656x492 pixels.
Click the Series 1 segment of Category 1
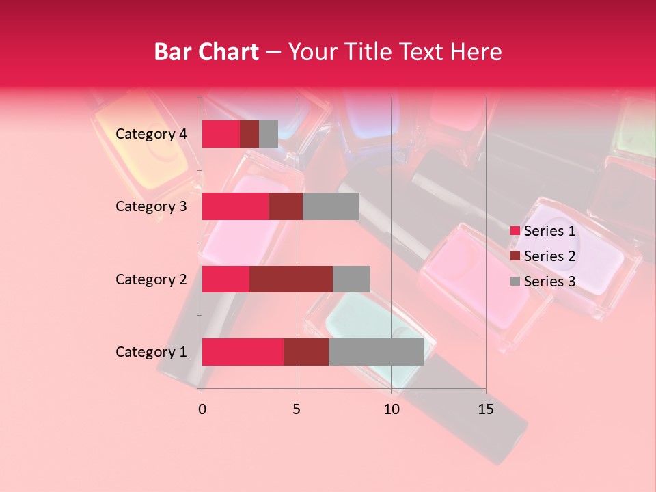pos(243,351)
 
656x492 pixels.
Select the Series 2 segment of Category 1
pos(306,351)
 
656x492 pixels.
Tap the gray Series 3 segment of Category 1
pos(376,351)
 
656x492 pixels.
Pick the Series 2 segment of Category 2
pos(291,279)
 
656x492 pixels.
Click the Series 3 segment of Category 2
pos(351,279)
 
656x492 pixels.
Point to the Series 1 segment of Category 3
pos(235,206)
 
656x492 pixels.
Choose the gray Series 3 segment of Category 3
pos(331,206)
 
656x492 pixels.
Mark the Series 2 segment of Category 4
pos(249,134)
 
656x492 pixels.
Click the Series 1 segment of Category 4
pos(221,134)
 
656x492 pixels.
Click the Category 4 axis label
pos(151,134)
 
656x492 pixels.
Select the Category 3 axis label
pos(151,206)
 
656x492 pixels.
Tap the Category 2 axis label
pos(151,279)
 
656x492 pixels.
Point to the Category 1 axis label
pos(151,352)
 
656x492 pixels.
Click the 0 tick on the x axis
pos(202,409)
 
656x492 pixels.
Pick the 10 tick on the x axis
pos(391,409)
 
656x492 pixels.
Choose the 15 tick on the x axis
pos(485,409)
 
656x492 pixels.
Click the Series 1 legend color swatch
pos(515,231)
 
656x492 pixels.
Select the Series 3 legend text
pos(549,282)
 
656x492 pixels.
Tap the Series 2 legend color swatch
pos(515,256)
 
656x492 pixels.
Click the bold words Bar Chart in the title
pos(206,52)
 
